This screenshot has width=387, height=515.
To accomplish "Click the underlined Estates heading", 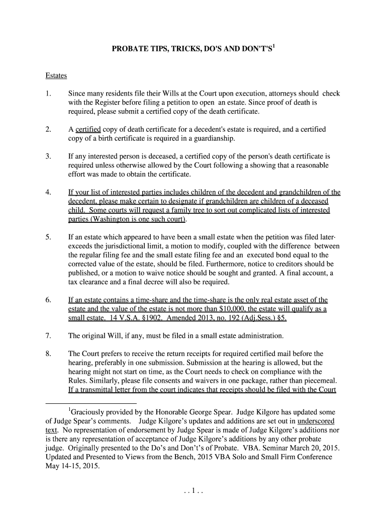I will pyautogui.click(x=56, y=76).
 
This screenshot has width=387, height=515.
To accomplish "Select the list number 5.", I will pyautogui.click(x=48, y=237).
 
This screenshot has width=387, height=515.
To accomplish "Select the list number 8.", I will pyautogui.click(x=48, y=353).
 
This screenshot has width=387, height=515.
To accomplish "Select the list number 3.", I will pyautogui.click(x=48, y=156).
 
